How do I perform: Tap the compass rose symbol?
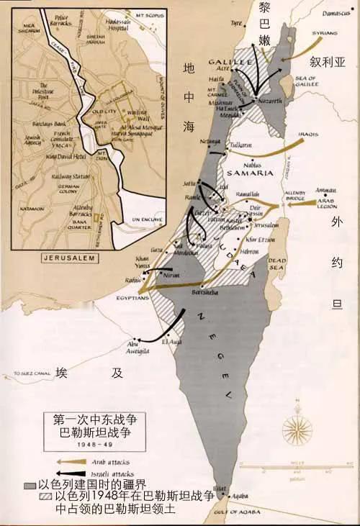297,430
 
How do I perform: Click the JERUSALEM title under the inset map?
60,258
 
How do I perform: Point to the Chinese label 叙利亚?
328,62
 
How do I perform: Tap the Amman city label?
324,186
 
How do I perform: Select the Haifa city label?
213,78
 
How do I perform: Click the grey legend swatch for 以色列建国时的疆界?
30,485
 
